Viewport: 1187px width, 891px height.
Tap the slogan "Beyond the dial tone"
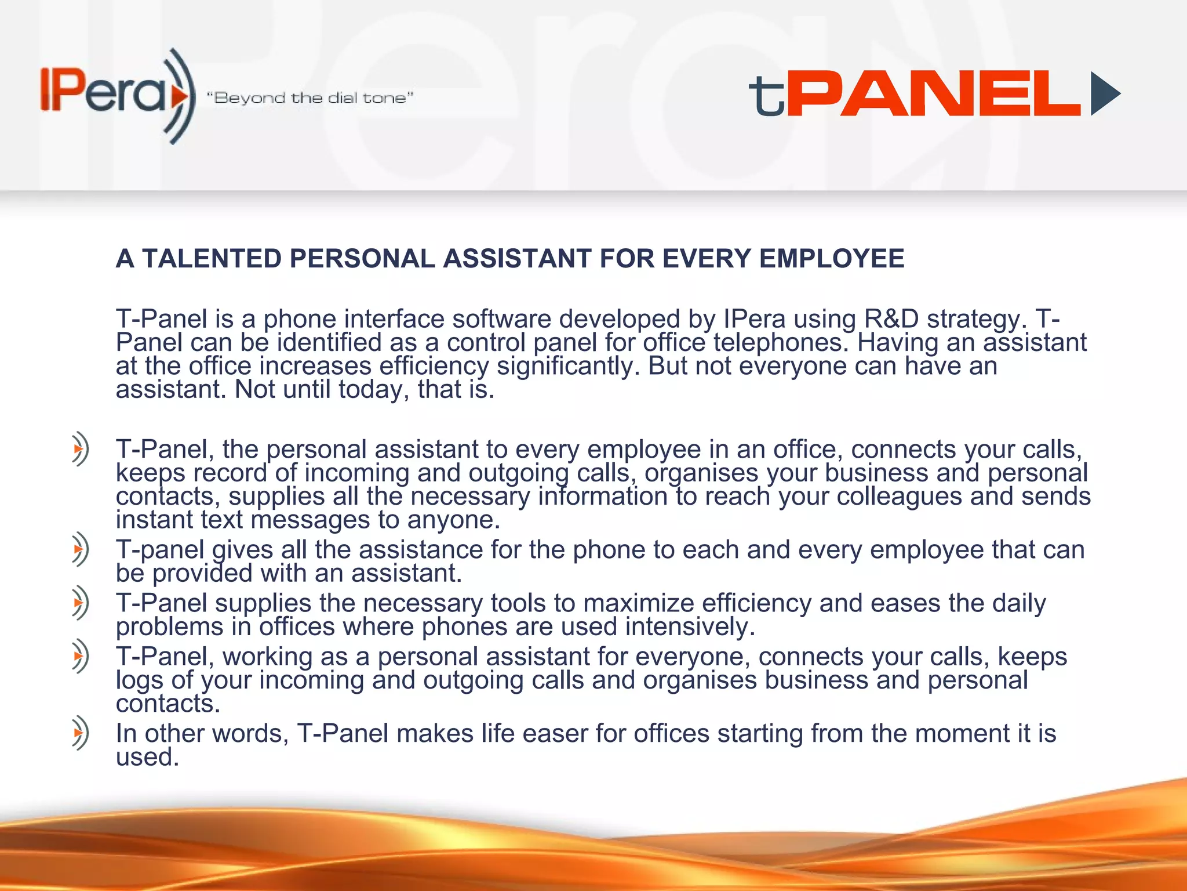point(311,98)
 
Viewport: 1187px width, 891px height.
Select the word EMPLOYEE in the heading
point(832,259)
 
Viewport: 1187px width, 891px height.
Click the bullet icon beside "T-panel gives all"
point(80,549)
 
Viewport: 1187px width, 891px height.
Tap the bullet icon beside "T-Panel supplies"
point(80,603)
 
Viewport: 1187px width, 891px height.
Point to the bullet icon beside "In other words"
point(80,733)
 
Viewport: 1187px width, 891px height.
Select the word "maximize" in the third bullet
point(638,603)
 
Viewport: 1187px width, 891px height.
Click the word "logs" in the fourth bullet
point(139,680)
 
